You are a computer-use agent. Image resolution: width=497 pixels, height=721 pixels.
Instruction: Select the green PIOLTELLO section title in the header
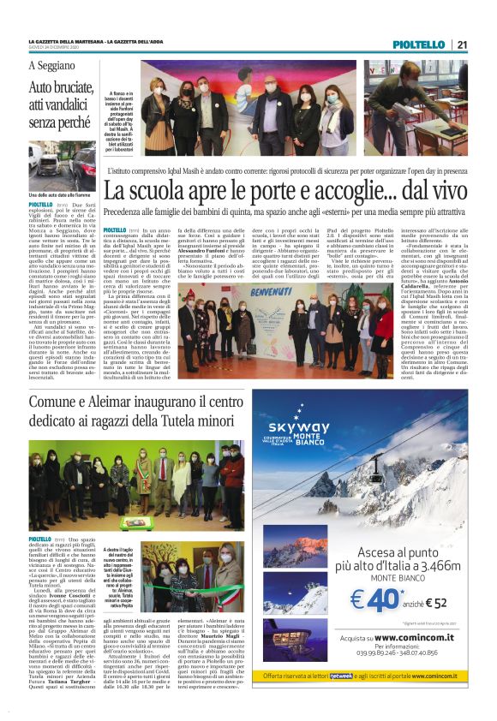click(x=419, y=45)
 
